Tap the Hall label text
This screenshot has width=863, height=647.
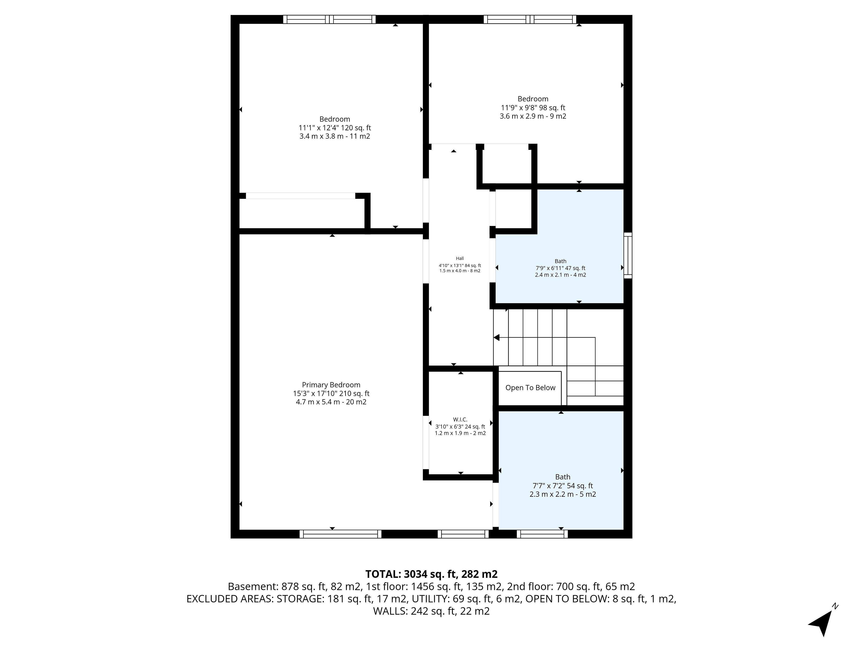click(460, 258)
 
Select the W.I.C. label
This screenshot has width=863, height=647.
click(460, 420)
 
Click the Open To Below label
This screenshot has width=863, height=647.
click(530, 388)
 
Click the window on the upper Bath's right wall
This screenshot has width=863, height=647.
click(628, 255)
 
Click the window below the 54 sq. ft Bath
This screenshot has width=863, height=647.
click(542, 534)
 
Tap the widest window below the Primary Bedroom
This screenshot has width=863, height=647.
click(341, 534)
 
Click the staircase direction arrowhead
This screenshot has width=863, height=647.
click(497, 337)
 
